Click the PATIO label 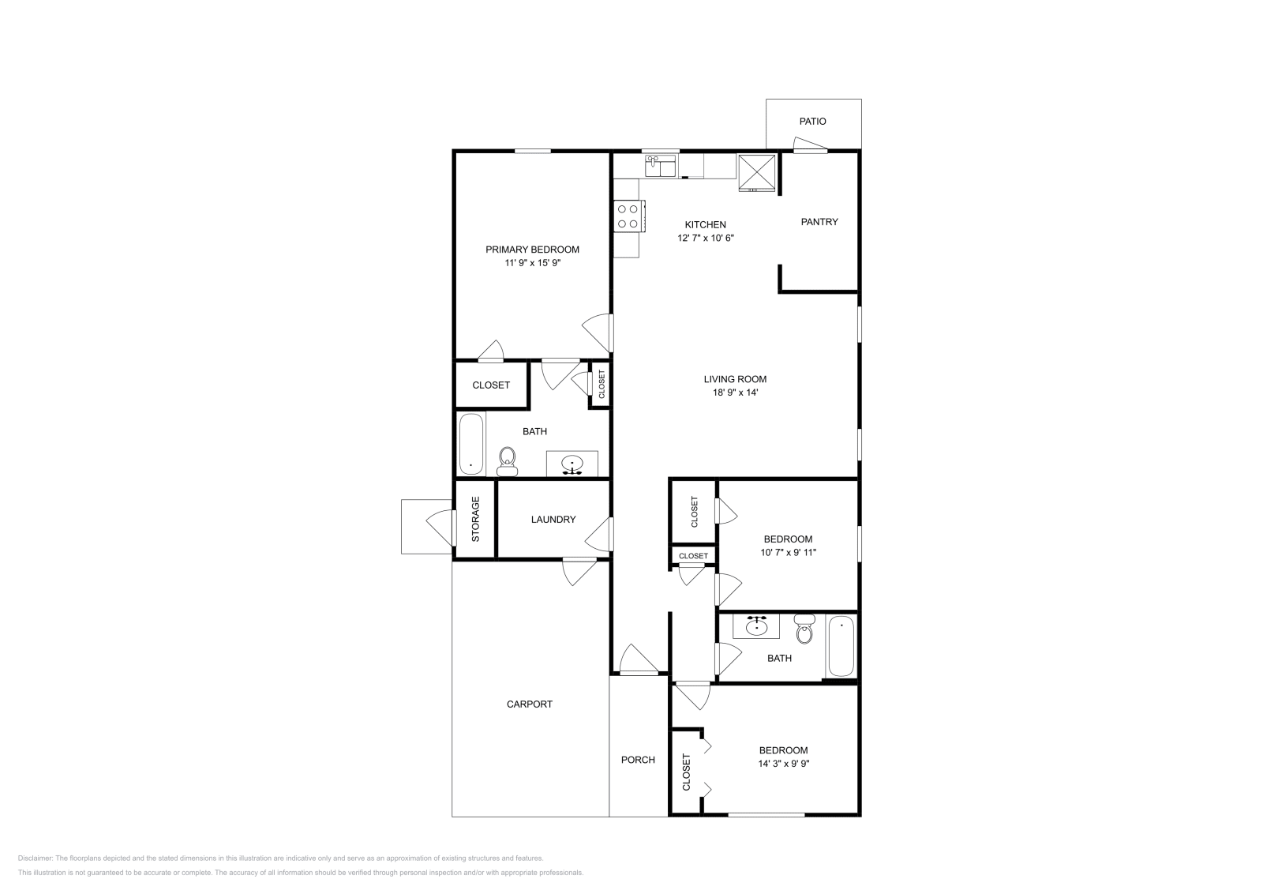812,122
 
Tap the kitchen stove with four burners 628,216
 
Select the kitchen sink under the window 661,167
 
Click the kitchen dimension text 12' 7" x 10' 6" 705,238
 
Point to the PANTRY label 819,222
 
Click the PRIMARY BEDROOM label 532,250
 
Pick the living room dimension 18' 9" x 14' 735,393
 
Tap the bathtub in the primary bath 470,444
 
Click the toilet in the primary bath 507,461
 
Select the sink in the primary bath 572,464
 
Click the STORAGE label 475,519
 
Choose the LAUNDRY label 553,520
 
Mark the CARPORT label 529,704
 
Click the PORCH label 638,761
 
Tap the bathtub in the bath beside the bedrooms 841,645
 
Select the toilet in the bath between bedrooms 804,630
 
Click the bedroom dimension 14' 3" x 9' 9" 783,764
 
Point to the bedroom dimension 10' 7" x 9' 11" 788,553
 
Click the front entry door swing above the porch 638,661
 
